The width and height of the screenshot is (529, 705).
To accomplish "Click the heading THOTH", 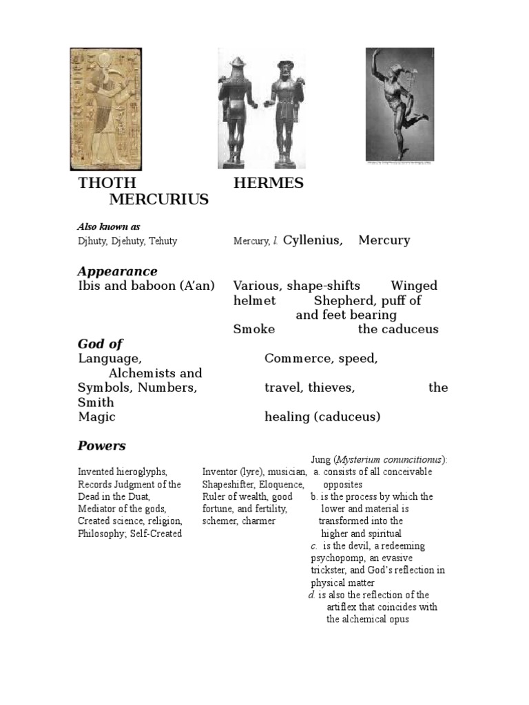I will pos(107,183).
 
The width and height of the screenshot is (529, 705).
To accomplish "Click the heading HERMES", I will pos(268,183).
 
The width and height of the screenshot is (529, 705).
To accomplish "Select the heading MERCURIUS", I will pos(158,200).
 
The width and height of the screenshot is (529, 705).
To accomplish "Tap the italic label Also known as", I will pos(109,226).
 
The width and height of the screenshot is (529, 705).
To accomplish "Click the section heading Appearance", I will pos(117,271).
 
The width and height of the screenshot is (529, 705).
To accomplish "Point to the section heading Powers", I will pos(101,445).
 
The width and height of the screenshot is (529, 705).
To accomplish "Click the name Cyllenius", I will pos(312,240).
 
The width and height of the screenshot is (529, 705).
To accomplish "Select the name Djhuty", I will pos(90,241).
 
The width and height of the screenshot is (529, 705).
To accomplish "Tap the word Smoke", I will pos(253,329).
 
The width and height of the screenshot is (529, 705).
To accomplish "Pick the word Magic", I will pos(96,417).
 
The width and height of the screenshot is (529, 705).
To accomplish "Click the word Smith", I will pos(96,402).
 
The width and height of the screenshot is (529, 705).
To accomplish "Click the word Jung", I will pos(321,459).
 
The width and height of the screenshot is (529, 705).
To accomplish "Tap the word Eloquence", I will pos(281,484).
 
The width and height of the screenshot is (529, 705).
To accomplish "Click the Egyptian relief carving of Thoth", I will pos(107,109).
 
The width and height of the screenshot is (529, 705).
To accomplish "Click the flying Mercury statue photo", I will pos(399,105).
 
